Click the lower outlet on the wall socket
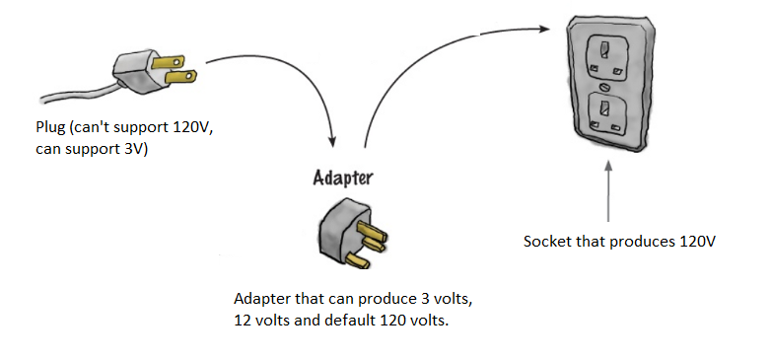point(603,111)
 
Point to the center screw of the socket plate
point(603,87)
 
